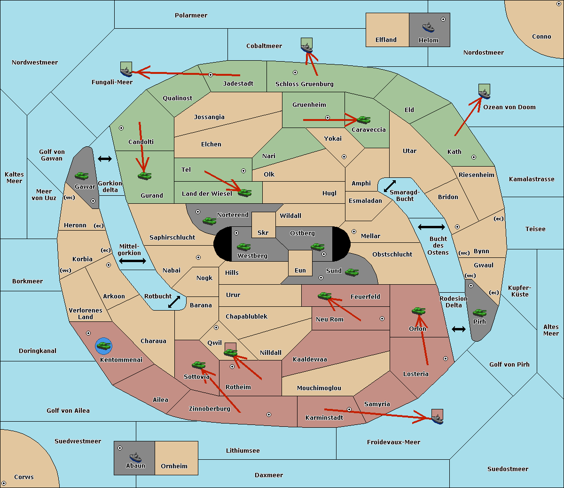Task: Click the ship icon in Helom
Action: pyautogui.click(x=428, y=27)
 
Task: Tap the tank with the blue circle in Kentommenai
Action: pyautogui.click(x=104, y=345)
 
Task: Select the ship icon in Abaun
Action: pyautogui.click(x=135, y=457)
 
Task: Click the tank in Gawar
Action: pyautogui.click(x=82, y=176)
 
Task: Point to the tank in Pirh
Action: pyautogui.click(x=479, y=312)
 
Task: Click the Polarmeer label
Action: pyautogui.click(x=191, y=16)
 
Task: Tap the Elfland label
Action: pyautogui.click(x=386, y=40)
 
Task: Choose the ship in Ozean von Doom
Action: pyautogui.click(x=484, y=94)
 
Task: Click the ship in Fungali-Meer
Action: pyautogui.click(x=126, y=72)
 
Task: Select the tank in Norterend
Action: pyautogui.click(x=209, y=221)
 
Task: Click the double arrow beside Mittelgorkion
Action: pyautogui.click(x=133, y=261)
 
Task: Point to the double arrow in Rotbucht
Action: pyautogui.click(x=174, y=302)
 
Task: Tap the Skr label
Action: pyautogui.click(x=263, y=232)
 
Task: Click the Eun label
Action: pyautogui.click(x=300, y=270)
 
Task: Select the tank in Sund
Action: pyautogui.click(x=352, y=272)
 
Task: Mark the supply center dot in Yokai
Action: pyautogui.click(x=344, y=157)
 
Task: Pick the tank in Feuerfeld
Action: pyautogui.click(x=324, y=296)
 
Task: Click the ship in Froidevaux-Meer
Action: pyautogui.click(x=437, y=419)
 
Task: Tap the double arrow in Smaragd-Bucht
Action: pyautogui.click(x=390, y=186)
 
